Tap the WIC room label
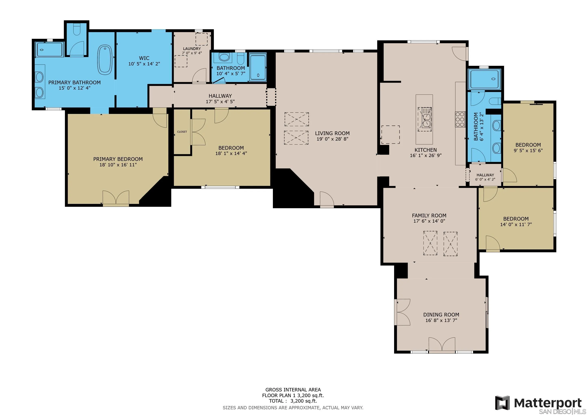[x=144, y=58]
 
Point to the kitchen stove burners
[x=460, y=119]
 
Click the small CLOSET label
[x=182, y=132]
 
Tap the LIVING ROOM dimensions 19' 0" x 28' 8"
[x=332, y=139]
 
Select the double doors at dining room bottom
[x=442, y=344]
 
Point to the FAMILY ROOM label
[x=429, y=216]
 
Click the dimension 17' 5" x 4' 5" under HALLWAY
[x=220, y=101]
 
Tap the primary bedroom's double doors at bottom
[x=116, y=198]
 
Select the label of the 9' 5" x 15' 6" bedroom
[x=528, y=145]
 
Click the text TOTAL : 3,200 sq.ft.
[x=293, y=401]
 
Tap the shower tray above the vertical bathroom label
[x=484, y=79]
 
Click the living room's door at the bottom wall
[x=327, y=199]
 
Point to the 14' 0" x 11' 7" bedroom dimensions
[x=516, y=224]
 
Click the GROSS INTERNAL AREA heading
[x=293, y=390]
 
